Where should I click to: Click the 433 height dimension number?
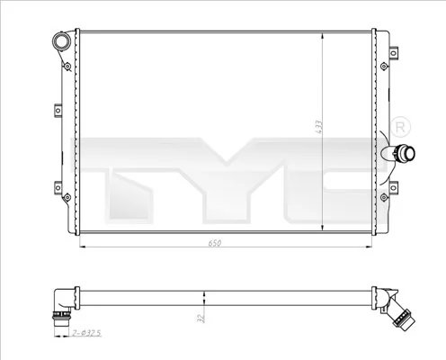(317, 129)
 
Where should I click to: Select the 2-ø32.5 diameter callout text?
(87, 334)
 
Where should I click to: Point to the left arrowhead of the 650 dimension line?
(85, 247)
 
